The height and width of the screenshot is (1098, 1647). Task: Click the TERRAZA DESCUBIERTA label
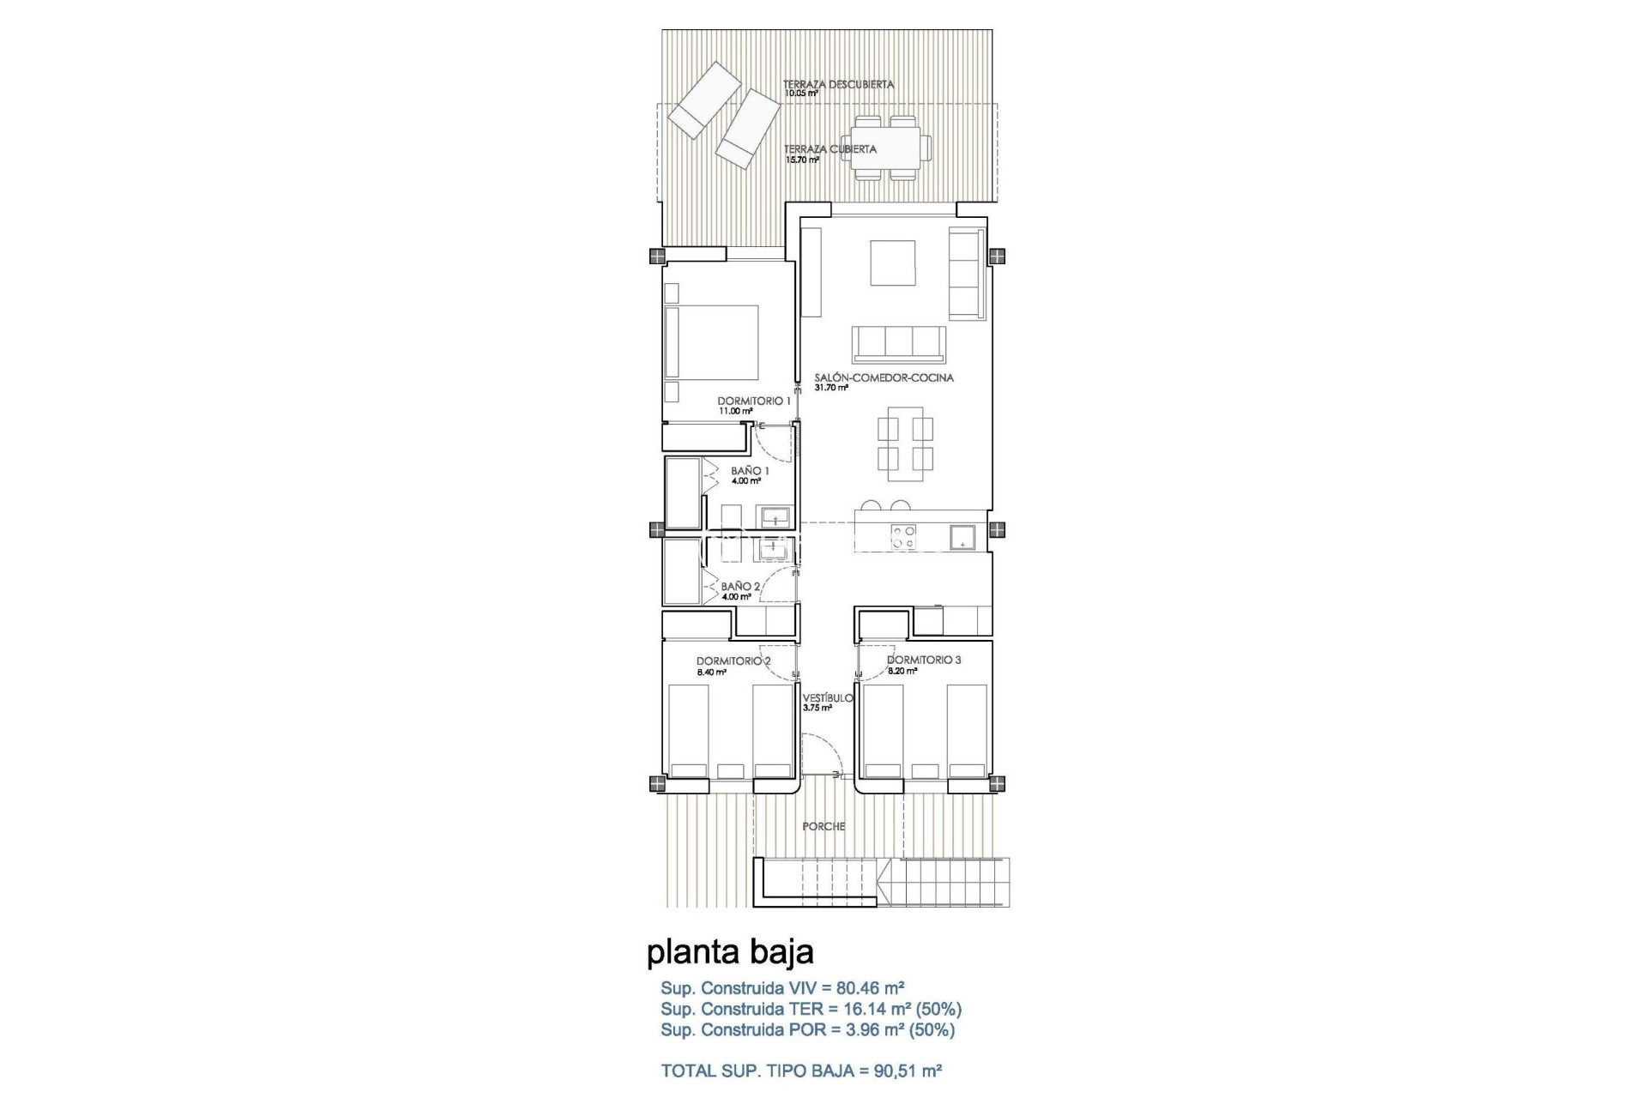click(x=838, y=84)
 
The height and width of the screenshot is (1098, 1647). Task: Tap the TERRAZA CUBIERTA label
click(x=830, y=149)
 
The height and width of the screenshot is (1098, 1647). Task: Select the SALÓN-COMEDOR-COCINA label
click(x=884, y=377)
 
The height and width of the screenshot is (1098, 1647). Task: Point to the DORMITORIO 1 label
click(x=754, y=401)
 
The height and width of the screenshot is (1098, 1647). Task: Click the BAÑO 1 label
click(x=750, y=471)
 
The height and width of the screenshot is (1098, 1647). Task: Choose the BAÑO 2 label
click(x=740, y=587)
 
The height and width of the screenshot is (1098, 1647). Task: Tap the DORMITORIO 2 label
click(x=733, y=661)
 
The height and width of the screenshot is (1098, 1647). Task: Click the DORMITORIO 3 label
click(x=924, y=660)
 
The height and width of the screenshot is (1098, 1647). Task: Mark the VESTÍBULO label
click(x=828, y=697)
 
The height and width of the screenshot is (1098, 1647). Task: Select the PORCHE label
click(x=823, y=826)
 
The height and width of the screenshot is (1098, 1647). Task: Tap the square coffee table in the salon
click(x=893, y=262)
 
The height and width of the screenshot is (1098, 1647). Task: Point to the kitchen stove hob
click(x=903, y=536)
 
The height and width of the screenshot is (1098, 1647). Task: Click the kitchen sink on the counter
click(x=962, y=537)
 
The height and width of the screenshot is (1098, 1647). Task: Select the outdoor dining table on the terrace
click(x=885, y=148)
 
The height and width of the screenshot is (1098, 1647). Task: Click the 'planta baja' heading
click(x=730, y=952)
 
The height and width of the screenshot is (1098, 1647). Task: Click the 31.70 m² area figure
click(x=831, y=388)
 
